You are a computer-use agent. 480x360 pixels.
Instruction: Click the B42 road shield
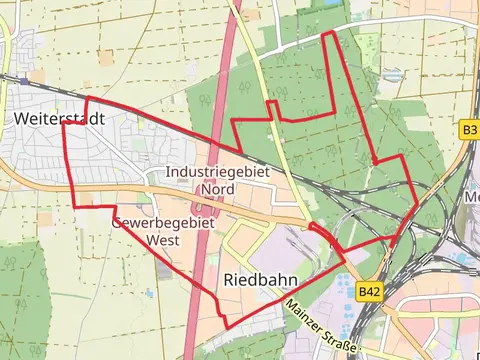click(x=370, y=291)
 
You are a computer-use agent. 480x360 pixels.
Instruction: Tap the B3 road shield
click(x=470, y=130)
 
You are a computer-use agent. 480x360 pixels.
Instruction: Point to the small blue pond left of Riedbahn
click(x=148, y=293)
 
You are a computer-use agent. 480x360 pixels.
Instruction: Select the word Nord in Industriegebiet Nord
click(x=217, y=188)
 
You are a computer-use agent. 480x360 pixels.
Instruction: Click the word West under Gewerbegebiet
click(x=163, y=240)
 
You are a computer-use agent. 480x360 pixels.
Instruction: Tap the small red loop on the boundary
click(x=321, y=233)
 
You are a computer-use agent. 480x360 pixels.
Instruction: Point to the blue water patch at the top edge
click(x=329, y=4)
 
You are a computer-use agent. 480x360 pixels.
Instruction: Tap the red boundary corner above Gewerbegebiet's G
click(x=115, y=208)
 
